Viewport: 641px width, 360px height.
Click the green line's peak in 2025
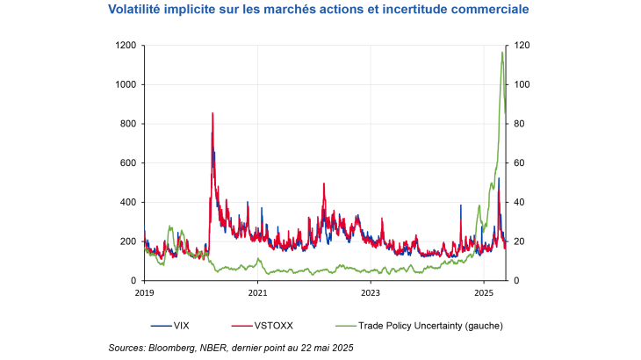(502, 52)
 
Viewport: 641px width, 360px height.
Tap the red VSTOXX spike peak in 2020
(212, 113)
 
